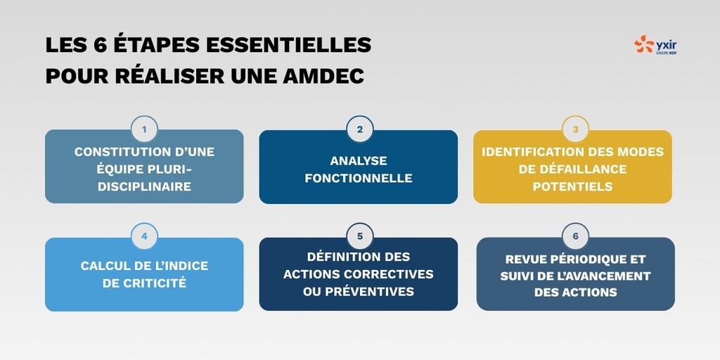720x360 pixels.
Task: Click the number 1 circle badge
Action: point(144,129)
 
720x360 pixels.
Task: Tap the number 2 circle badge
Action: point(359,129)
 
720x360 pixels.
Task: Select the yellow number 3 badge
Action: point(574,129)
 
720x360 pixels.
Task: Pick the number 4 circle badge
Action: point(144,236)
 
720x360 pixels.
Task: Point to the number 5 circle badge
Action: point(359,236)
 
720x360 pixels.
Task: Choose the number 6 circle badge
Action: point(574,236)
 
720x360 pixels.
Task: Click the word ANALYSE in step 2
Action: point(359,160)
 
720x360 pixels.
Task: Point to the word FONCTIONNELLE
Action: point(359,178)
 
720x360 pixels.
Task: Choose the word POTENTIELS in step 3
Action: point(572,186)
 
